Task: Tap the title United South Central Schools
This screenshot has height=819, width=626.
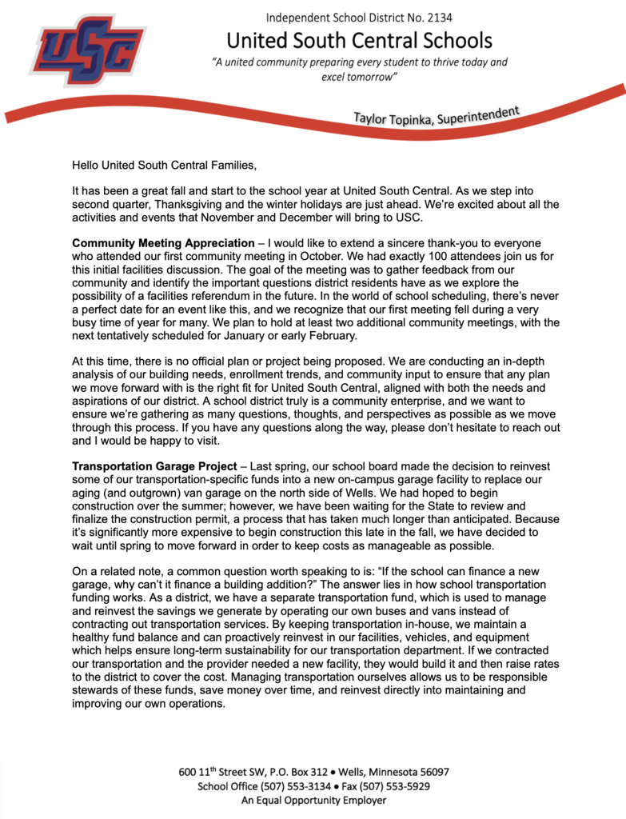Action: click(359, 40)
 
